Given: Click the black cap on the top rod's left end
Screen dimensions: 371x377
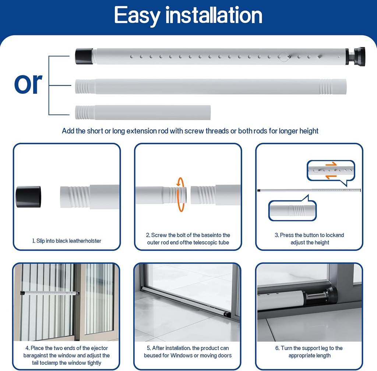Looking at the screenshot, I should (84, 56).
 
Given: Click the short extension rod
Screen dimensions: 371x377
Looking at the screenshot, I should (143, 112).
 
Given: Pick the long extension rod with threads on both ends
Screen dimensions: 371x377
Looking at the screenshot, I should (211, 86).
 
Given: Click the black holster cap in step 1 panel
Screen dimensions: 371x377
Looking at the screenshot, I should (28, 196).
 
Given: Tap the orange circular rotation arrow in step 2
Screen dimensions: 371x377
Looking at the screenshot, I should (180, 195).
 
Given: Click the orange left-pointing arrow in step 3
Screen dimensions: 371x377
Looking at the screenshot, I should (331, 176).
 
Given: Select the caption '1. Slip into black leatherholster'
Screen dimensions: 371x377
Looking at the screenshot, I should (66, 241).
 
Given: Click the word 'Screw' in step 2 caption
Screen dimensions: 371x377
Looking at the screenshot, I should (159, 235).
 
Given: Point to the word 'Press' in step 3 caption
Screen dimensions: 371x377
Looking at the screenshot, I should (288, 235).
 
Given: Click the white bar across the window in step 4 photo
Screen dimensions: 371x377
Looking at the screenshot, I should (50, 293).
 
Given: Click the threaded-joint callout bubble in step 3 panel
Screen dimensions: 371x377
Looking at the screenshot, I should (292, 210).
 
